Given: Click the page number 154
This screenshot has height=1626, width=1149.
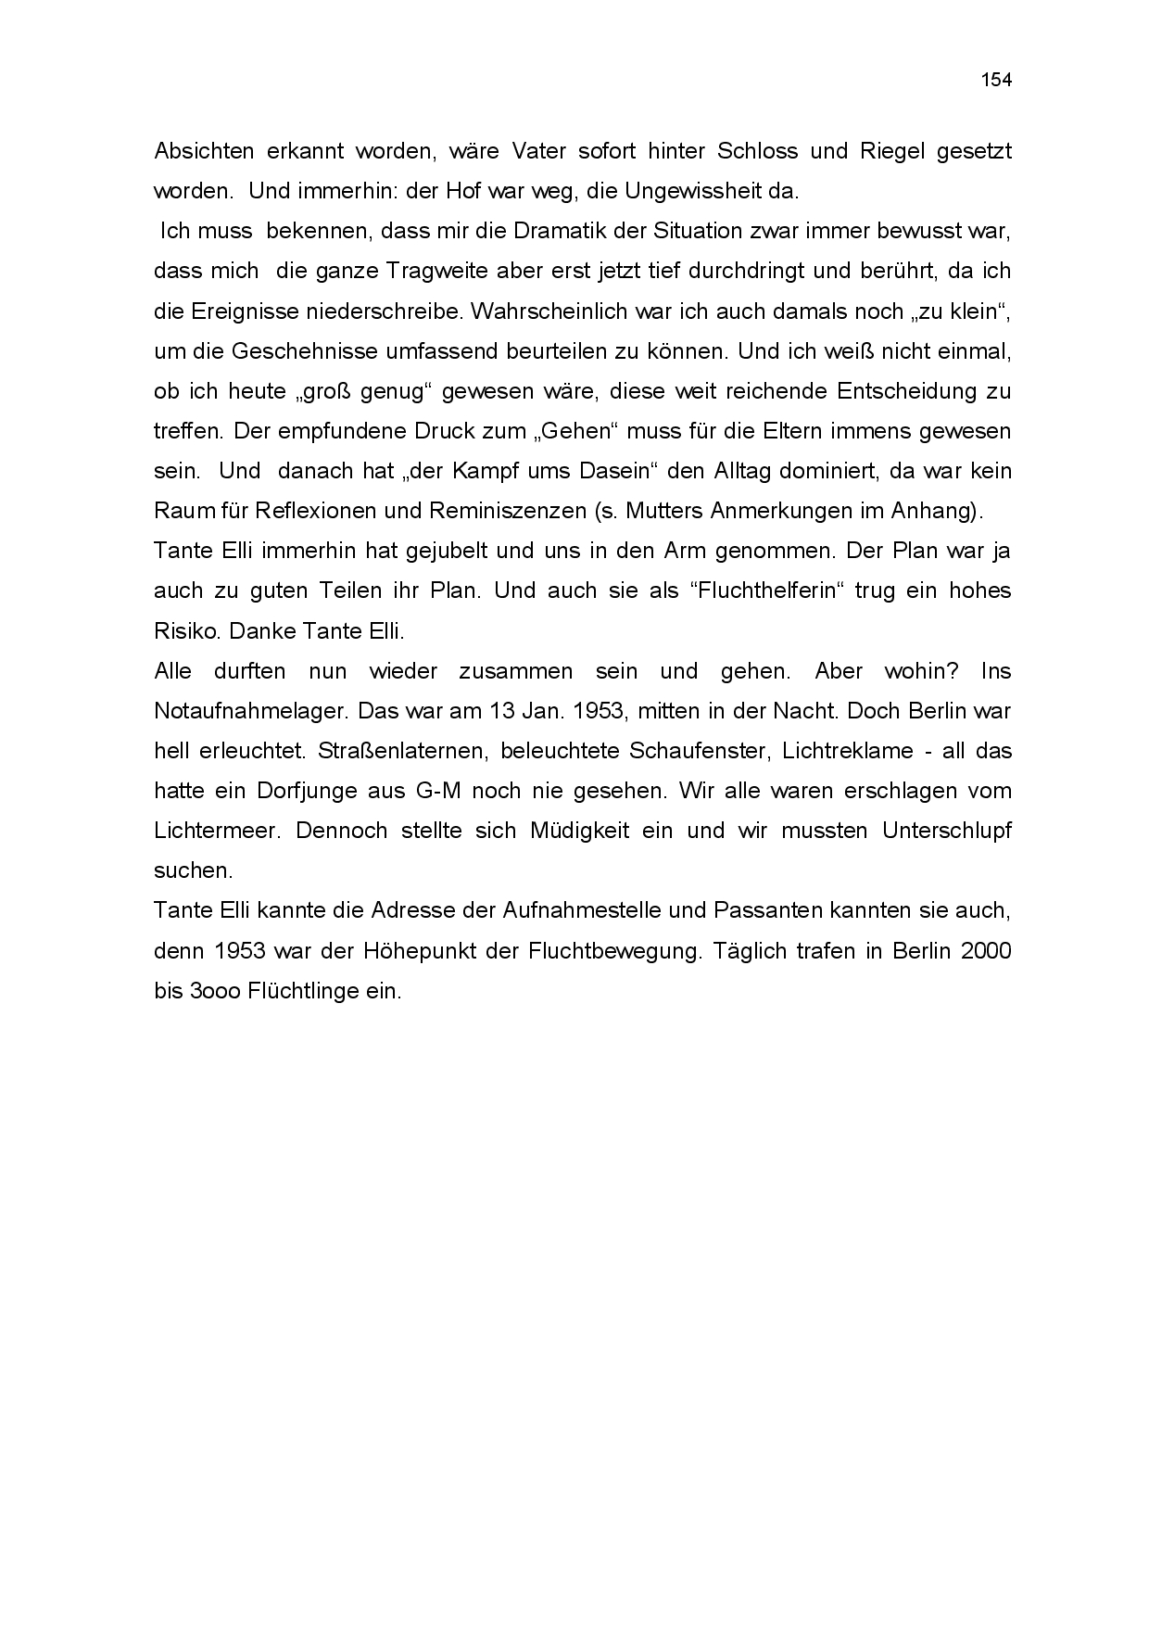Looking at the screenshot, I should tap(996, 80).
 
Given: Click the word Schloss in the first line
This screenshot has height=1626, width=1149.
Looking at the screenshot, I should tap(847, 151).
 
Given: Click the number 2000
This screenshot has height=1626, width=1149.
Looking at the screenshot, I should tap(986, 951).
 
